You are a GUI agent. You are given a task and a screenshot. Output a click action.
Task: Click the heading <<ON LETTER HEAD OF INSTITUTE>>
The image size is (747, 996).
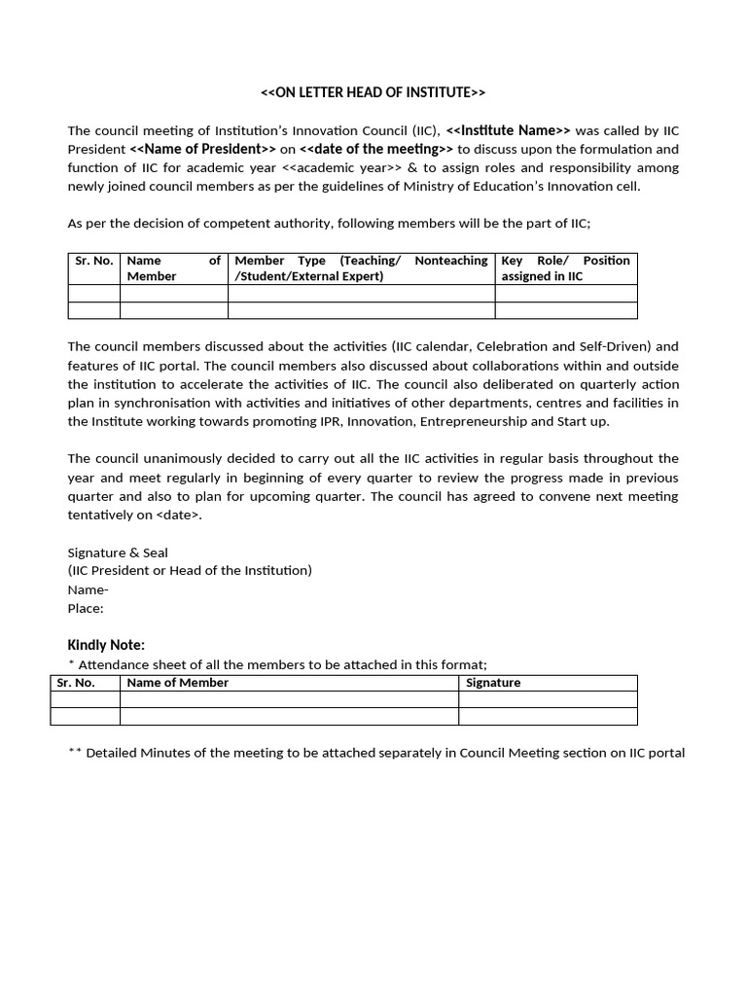[x=373, y=92]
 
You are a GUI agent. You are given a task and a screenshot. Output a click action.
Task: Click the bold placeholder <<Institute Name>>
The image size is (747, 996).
[x=509, y=130]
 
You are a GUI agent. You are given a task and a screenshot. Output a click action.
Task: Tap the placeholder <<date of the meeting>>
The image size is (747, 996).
[x=376, y=149]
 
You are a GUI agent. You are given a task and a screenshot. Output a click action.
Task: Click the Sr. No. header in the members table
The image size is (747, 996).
[x=94, y=261]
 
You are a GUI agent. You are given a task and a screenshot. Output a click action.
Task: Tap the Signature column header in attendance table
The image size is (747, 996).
[x=493, y=683]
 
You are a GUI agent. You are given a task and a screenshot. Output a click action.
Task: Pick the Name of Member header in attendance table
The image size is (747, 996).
[x=178, y=683]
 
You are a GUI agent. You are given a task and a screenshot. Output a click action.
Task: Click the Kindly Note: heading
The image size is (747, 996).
[x=106, y=645]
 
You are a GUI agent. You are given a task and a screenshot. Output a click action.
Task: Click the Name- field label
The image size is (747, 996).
[x=88, y=589]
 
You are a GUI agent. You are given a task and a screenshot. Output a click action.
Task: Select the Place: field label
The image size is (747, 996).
[x=86, y=608]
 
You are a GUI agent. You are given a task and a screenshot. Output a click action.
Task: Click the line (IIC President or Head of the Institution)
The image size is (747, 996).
[x=190, y=571]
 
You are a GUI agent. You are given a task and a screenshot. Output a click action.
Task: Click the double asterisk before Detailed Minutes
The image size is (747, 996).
[x=75, y=753]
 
